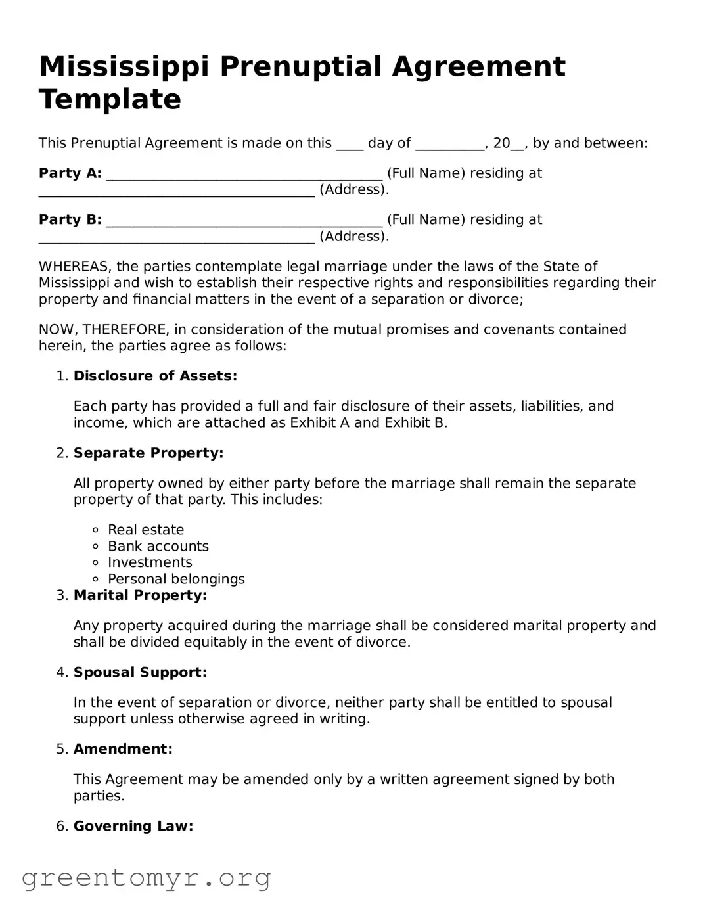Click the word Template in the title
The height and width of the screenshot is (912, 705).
point(110,100)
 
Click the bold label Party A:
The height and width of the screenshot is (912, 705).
point(70,173)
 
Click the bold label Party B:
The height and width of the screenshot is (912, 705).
point(70,220)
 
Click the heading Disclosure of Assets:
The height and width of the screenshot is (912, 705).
point(155,376)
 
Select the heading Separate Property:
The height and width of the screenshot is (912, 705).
point(148,453)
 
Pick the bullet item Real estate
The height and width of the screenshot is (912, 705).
point(146,530)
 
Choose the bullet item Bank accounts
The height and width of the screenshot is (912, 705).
point(158,546)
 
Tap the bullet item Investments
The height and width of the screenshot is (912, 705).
point(150,562)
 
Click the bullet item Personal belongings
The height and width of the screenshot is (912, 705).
point(176,579)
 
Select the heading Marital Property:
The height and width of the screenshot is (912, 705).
point(140,595)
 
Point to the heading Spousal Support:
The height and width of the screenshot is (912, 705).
point(140,672)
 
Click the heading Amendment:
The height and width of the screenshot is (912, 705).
point(123,749)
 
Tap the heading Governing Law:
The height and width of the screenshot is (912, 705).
point(133,826)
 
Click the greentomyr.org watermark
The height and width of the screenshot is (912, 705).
point(146,878)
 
